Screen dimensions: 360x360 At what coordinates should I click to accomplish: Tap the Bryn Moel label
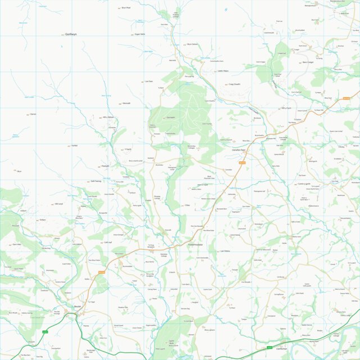[x=126, y=8]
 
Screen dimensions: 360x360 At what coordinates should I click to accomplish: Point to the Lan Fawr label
[x=149, y=81]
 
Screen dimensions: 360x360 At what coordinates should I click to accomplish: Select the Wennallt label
[x=126, y=103]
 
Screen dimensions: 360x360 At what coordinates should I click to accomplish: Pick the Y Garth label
[x=127, y=149]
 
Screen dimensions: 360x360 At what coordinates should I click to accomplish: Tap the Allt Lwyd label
[x=59, y=204]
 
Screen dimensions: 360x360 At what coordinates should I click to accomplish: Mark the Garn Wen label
[x=16, y=244]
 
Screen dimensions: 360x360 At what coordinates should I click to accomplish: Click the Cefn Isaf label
[x=108, y=243]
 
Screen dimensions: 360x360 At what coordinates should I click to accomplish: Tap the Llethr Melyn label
[x=223, y=71]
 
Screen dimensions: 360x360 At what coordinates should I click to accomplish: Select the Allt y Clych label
[x=286, y=108]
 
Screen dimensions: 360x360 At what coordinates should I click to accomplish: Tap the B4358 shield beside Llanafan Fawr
[x=242, y=163]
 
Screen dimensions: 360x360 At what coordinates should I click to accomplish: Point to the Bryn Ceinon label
[x=193, y=44]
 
